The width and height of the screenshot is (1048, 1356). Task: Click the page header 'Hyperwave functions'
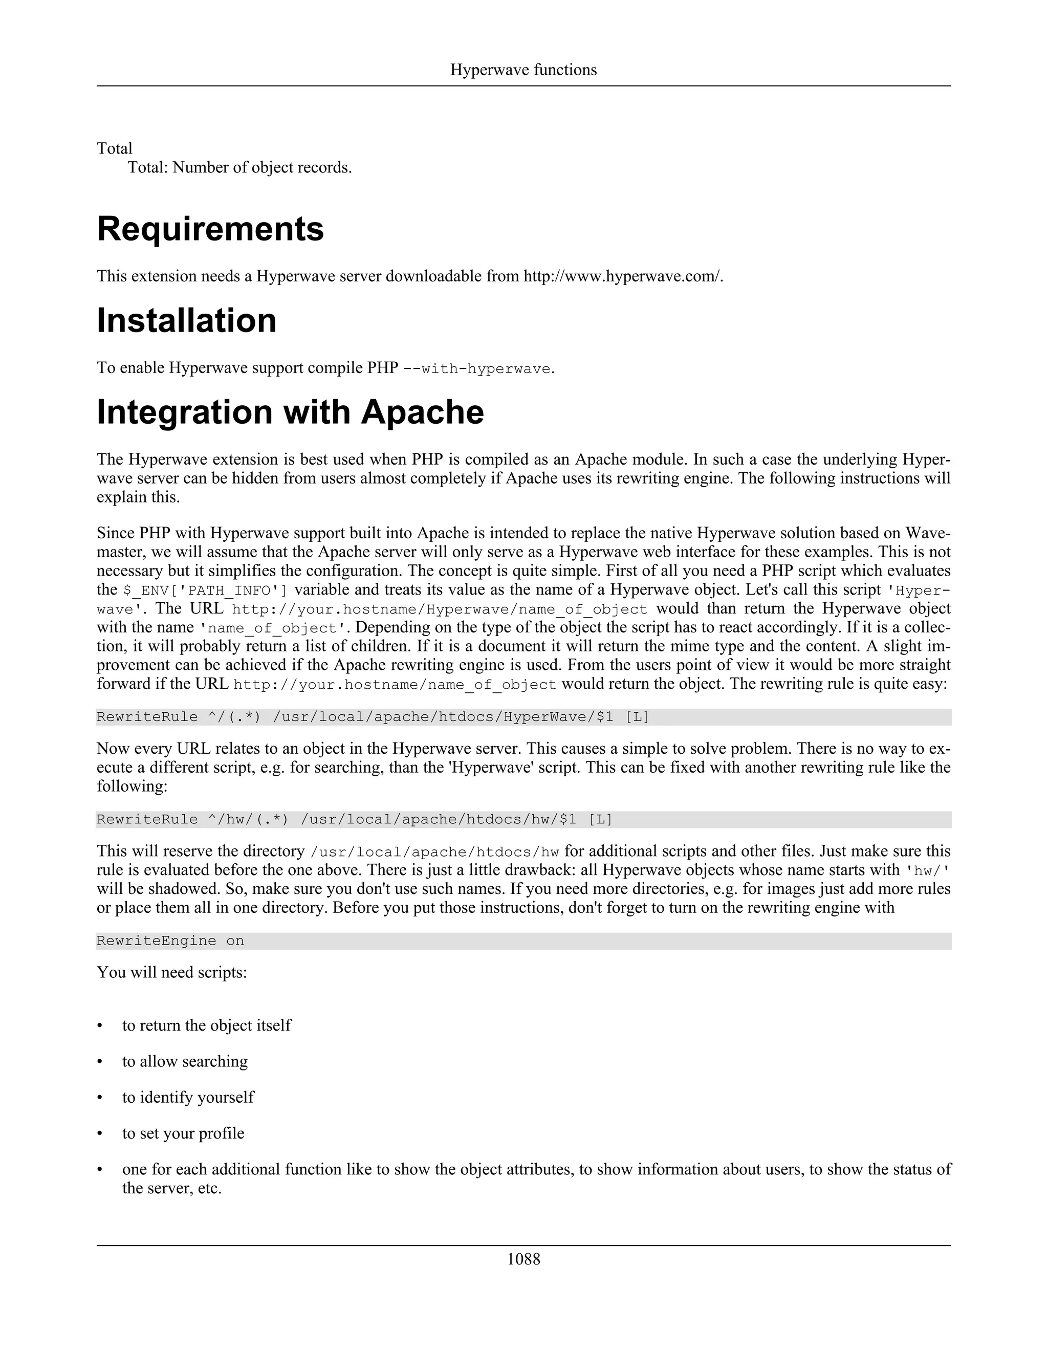point(523,70)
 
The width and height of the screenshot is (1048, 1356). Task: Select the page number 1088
point(523,1259)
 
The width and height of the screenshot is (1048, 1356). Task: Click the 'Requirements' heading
point(210,229)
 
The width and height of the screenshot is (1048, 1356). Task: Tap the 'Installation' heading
point(186,321)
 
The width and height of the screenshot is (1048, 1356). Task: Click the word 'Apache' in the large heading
point(422,412)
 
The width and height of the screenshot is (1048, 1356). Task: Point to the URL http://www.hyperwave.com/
point(623,276)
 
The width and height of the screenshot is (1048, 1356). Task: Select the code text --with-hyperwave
point(477,369)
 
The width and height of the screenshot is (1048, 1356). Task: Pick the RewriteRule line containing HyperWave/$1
point(373,717)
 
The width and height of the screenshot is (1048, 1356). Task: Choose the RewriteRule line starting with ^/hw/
point(354,820)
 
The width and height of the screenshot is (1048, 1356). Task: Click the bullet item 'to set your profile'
point(183,1133)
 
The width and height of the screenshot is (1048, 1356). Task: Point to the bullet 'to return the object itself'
point(206,1025)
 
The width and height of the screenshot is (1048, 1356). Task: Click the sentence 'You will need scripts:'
point(171,972)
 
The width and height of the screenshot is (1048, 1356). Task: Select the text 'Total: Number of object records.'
point(239,168)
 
